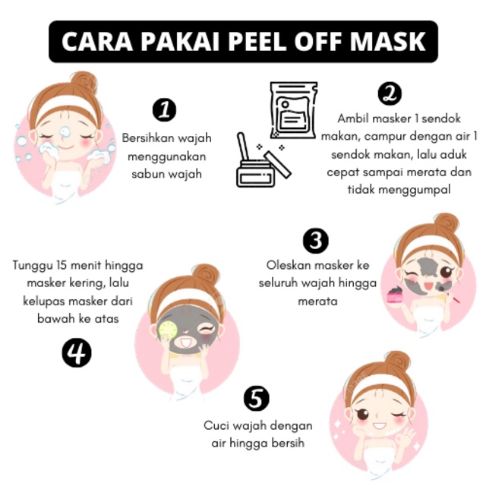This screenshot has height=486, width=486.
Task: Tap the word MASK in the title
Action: [387, 42]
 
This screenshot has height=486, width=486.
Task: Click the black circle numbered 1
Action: [164, 110]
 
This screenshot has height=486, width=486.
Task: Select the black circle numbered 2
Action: [390, 93]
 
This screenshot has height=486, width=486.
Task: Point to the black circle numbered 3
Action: [316, 241]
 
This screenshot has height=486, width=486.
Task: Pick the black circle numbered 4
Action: [77, 353]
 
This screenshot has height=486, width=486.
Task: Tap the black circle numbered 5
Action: [257, 398]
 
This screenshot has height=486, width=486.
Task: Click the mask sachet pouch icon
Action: [293, 110]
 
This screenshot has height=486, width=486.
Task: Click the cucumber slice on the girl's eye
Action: [168, 330]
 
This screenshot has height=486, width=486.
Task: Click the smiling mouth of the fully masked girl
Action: [185, 342]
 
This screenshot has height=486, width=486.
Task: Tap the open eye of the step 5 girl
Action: [363, 414]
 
